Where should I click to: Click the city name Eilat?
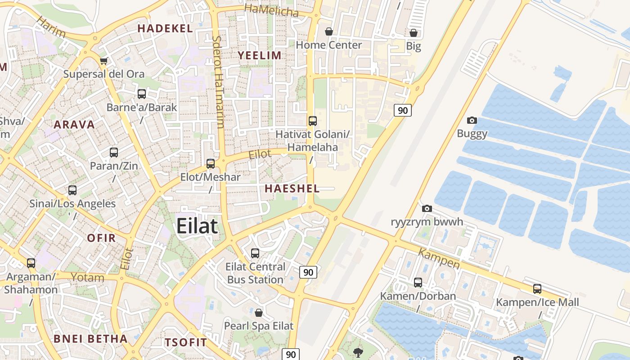197,226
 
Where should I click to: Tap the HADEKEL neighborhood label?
165,28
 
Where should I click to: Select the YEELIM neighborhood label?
260,55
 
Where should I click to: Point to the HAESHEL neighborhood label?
292,189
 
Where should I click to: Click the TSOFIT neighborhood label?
186,342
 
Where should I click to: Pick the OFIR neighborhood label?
101,238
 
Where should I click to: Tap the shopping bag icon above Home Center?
329,31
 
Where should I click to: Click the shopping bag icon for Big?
414,33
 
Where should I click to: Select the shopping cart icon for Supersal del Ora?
104,61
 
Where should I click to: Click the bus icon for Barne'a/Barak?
142,94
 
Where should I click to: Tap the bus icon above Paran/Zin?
114,153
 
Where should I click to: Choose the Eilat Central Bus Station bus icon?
255,253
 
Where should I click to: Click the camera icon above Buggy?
472,120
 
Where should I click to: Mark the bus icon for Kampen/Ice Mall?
537,289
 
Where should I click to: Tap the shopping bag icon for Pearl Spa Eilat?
259,313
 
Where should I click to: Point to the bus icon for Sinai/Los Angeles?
72,190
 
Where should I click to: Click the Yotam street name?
87,277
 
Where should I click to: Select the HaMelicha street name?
271,11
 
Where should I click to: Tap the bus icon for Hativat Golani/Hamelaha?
313,121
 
